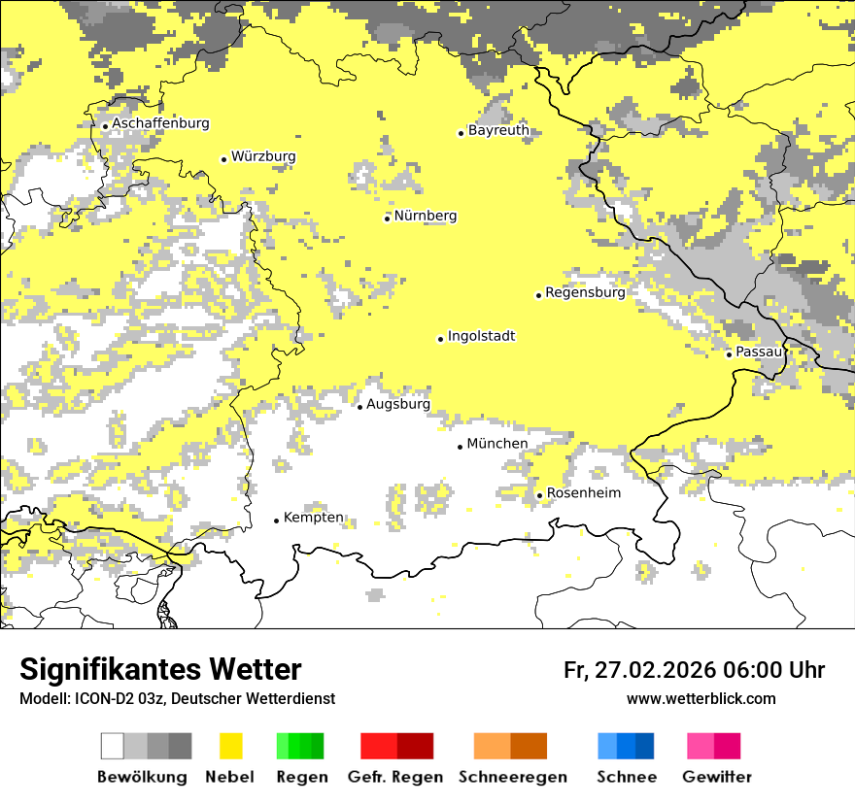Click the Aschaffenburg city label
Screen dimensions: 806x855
tap(160, 123)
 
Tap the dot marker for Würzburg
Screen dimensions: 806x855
tap(223, 159)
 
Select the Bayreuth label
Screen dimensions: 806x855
tap(497, 130)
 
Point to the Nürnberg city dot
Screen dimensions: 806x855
tap(387, 218)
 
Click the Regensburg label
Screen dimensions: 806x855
tap(585, 291)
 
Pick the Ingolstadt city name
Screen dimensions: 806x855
tap(481, 336)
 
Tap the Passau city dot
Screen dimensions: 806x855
tap(729, 354)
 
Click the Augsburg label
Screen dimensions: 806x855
tap(397, 404)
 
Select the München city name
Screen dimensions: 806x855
tap(497, 444)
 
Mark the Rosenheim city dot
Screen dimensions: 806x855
tap(539, 496)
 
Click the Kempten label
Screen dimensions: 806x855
tap(313, 518)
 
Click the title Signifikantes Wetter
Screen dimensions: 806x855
tap(160, 670)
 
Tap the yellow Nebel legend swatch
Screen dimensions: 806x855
tap(230, 746)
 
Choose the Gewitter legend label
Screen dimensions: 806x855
tap(716, 777)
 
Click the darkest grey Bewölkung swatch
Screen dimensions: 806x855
tap(180, 746)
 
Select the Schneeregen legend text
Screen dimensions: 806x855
tap(512, 777)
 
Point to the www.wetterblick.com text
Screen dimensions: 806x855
tap(701, 698)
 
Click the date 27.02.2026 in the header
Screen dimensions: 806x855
tap(656, 670)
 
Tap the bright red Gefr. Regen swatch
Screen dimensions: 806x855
tap(378, 746)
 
